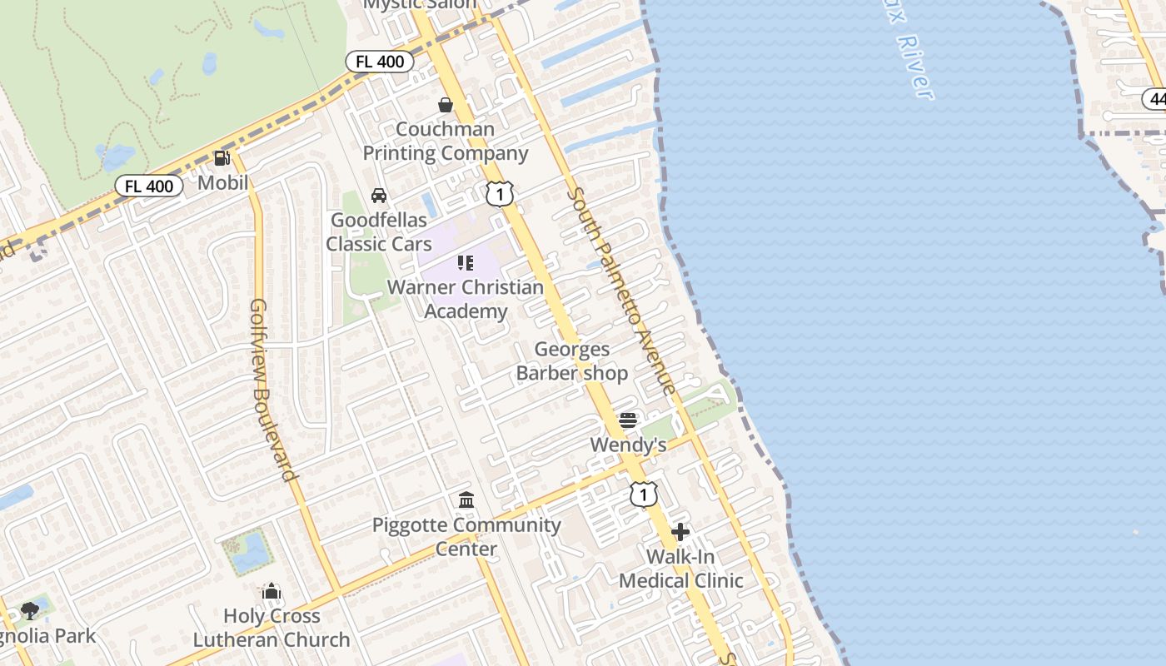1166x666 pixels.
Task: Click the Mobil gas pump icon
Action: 222,157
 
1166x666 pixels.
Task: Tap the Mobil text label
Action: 223,182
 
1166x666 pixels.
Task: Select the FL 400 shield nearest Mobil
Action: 149,186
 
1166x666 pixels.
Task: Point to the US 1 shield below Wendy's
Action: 643,495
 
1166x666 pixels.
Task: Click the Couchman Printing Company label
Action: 445,142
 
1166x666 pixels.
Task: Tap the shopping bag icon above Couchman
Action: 446,105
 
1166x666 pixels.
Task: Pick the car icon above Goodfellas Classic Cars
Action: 379,196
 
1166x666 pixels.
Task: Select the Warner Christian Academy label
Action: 466,299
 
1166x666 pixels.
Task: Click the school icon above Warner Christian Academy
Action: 466,264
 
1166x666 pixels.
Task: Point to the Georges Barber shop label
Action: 571,361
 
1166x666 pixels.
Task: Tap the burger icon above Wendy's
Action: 628,420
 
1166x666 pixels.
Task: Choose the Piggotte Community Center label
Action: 466,537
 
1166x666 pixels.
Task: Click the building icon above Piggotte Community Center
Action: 466,500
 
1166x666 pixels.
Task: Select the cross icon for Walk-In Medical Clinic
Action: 680,532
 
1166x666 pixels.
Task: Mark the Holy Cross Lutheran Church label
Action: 272,628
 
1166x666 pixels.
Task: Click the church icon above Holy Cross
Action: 272,592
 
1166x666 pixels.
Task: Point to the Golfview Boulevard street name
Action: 273,390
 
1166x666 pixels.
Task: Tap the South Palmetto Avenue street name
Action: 622,291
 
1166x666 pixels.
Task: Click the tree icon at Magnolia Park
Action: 30,611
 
